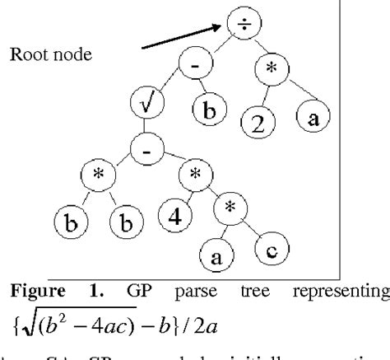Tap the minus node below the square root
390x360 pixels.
point(144,151)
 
